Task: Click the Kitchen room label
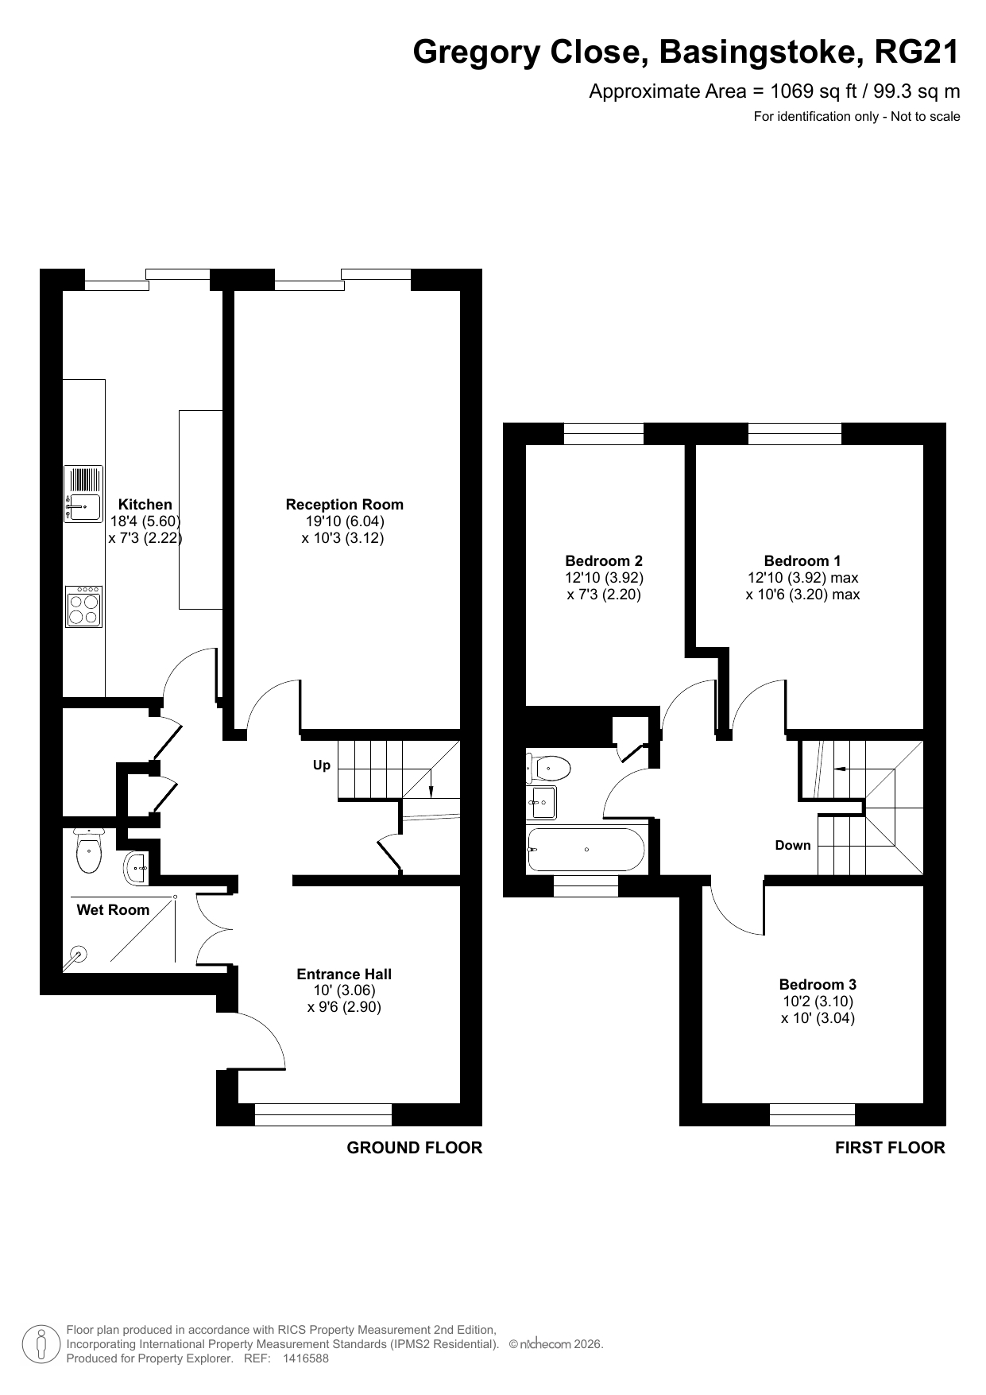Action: [145, 504]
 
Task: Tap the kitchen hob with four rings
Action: [83, 606]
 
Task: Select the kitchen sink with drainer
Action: [83, 494]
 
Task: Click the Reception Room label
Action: [345, 504]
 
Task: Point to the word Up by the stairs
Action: [322, 765]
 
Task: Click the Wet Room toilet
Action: [88, 851]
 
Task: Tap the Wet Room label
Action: [113, 909]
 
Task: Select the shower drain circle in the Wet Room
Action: [78, 955]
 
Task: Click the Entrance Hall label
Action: [344, 974]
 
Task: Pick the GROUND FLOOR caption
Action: [415, 1148]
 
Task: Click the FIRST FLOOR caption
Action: [890, 1148]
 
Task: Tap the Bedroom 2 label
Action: [604, 560]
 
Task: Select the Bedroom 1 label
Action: [802, 560]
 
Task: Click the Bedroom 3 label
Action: [818, 984]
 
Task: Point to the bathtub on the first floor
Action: [586, 850]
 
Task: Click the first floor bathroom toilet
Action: [549, 769]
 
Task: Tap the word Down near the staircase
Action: [793, 845]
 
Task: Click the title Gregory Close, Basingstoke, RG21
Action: [686, 52]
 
